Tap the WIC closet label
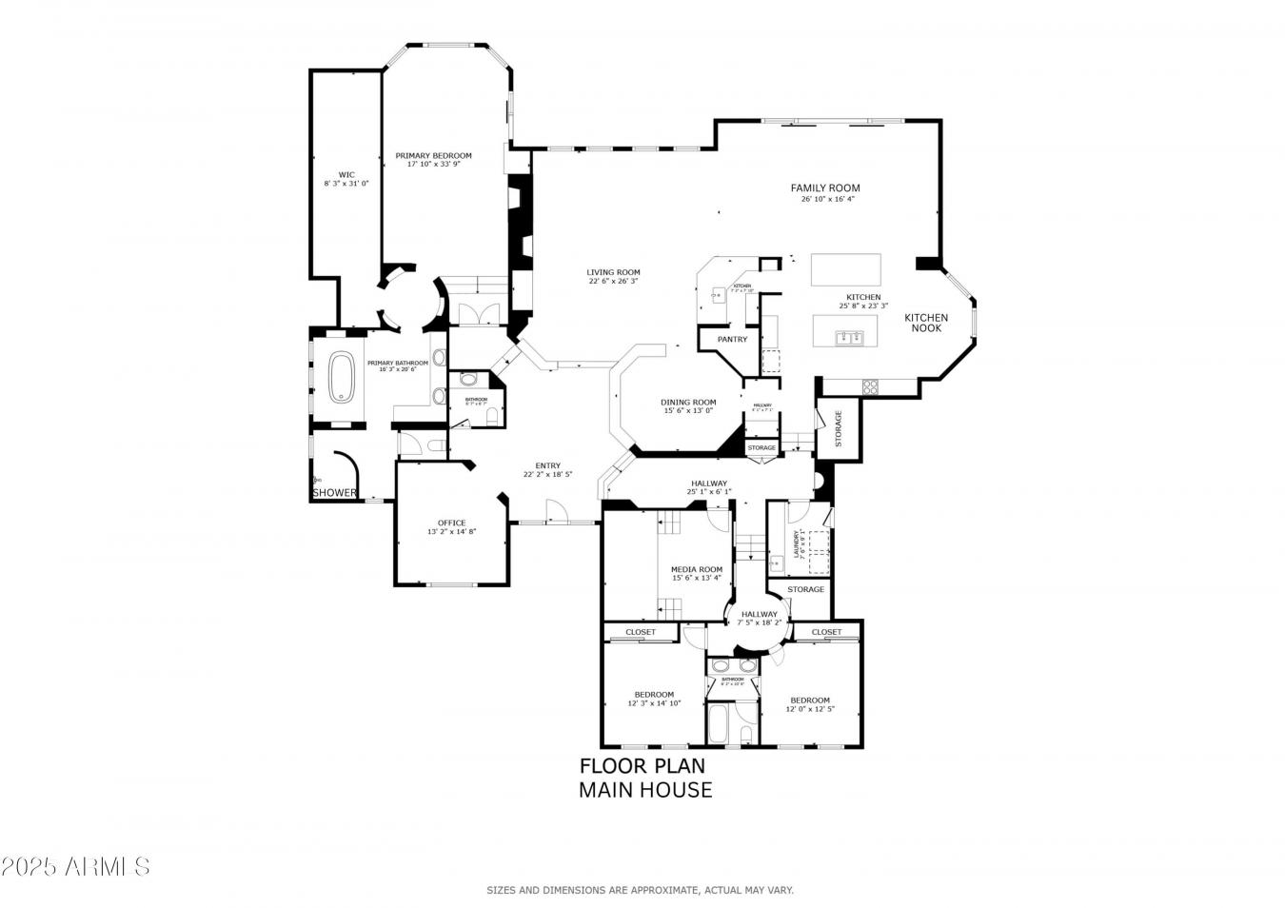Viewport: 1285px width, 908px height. click(x=346, y=175)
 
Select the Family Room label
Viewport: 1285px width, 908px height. click(x=825, y=188)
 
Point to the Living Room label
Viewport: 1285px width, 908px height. click(x=613, y=273)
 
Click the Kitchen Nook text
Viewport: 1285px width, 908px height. click(x=926, y=323)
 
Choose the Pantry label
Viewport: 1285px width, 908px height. click(x=732, y=340)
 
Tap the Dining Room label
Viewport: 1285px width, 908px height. click(x=688, y=403)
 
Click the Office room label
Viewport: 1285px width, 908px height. click(x=451, y=523)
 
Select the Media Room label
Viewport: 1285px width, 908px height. click(x=697, y=570)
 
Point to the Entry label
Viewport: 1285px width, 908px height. click(x=547, y=466)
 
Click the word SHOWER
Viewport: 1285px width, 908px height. click(x=335, y=493)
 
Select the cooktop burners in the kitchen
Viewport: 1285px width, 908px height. click(x=870, y=385)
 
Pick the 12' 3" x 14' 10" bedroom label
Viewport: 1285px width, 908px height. click(x=654, y=695)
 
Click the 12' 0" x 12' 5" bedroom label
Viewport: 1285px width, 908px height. click(x=810, y=701)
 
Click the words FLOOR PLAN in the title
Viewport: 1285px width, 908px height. click(x=642, y=766)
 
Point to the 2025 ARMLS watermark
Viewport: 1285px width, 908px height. click(x=75, y=866)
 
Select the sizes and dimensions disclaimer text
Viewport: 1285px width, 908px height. click(x=640, y=890)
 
